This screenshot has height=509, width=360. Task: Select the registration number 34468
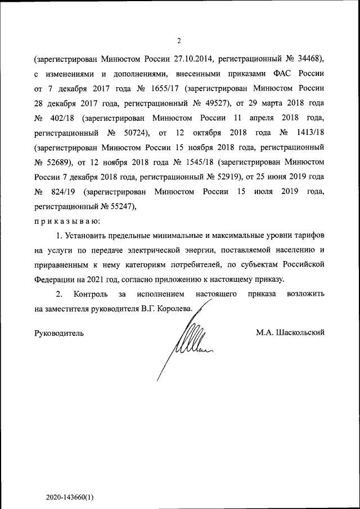coord(308,58)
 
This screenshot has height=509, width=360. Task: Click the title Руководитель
coord(60,333)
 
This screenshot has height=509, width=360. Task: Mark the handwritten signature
coord(186,343)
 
